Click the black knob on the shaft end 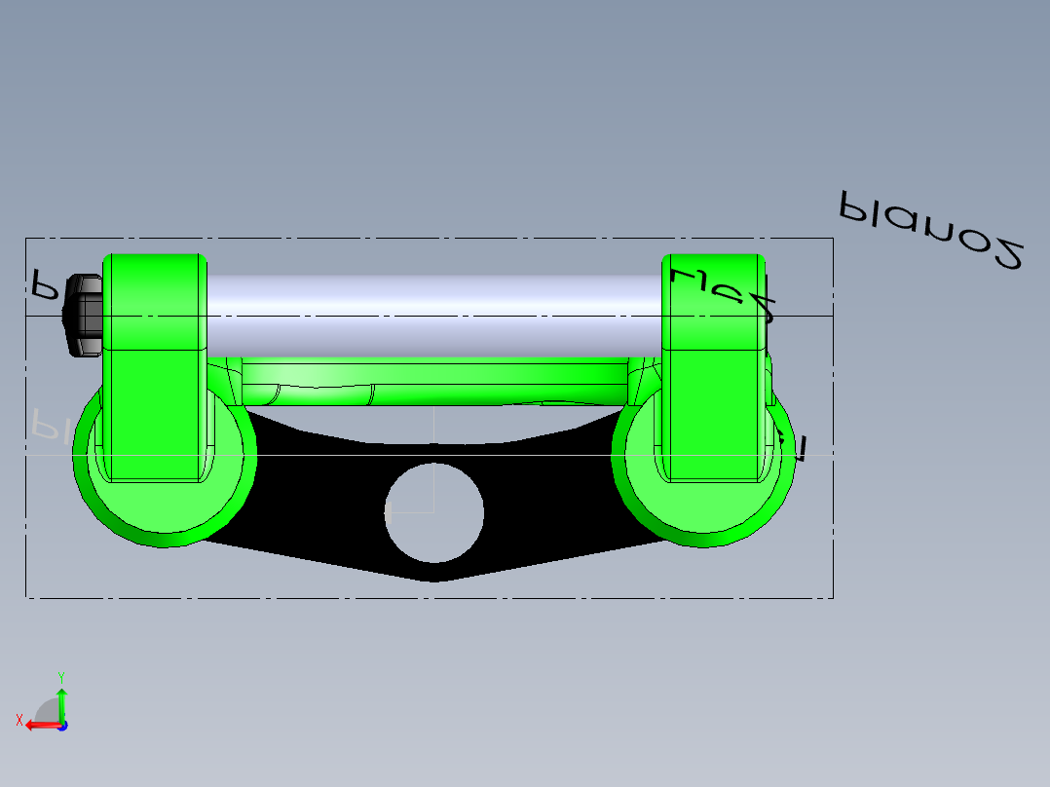click(x=83, y=316)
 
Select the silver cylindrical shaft click(x=433, y=314)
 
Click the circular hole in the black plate click(x=433, y=513)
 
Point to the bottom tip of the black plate click(x=432, y=580)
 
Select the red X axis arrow click(x=42, y=725)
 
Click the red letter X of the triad click(x=19, y=720)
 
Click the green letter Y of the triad click(x=60, y=676)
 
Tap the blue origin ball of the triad click(x=62, y=726)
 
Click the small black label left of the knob click(x=44, y=283)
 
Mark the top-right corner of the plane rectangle click(x=833, y=239)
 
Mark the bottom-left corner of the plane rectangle click(x=25, y=597)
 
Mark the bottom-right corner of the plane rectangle click(x=833, y=597)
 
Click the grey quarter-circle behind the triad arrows click(x=47, y=710)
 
